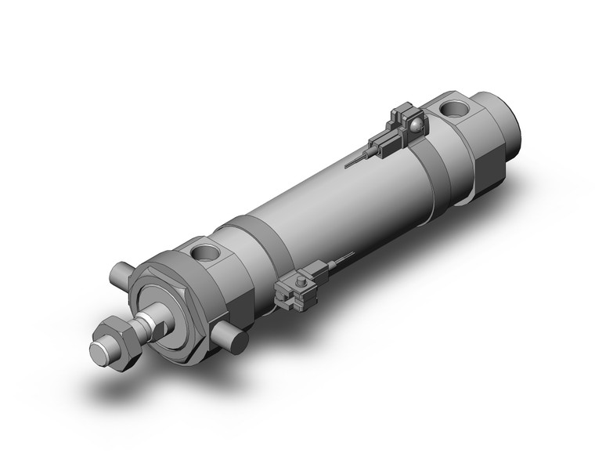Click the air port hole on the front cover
tap(209, 253)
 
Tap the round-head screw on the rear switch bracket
tap(416, 124)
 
